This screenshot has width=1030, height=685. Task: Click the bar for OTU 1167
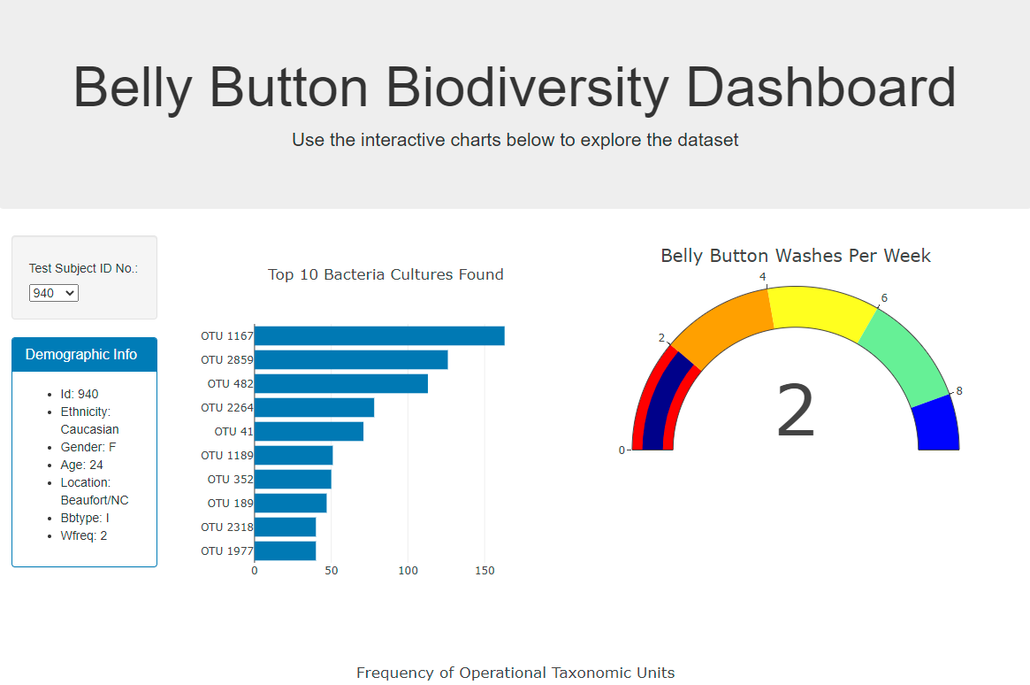pyautogui.click(x=378, y=336)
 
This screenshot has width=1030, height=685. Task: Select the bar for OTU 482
pyautogui.click(x=340, y=384)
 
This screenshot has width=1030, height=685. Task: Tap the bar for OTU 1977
pyautogui.click(x=285, y=550)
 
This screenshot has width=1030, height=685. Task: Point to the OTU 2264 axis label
pyautogui.click(x=226, y=408)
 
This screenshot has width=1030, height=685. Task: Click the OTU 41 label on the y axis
pyautogui.click(x=233, y=432)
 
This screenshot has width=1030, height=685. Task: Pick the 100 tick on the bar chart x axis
pyautogui.click(x=408, y=571)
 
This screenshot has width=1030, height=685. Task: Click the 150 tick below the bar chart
pyautogui.click(x=484, y=571)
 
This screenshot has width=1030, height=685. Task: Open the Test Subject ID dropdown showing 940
pyautogui.click(x=54, y=293)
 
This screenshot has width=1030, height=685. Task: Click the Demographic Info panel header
pyautogui.click(x=84, y=355)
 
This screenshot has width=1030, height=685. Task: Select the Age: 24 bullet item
pyautogui.click(x=81, y=465)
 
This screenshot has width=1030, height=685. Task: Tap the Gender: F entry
pyautogui.click(x=88, y=447)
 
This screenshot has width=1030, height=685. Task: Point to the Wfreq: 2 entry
pyautogui.click(x=83, y=535)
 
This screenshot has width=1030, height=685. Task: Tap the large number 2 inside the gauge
pyautogui.click(x=795, y=412)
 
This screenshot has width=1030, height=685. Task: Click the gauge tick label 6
pyautogui.click(x=884, y=298)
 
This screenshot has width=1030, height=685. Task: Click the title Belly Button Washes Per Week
pyautogui.click(x=796, y=256)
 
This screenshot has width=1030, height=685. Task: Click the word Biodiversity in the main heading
pyautogui.click(x=528, y=88)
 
